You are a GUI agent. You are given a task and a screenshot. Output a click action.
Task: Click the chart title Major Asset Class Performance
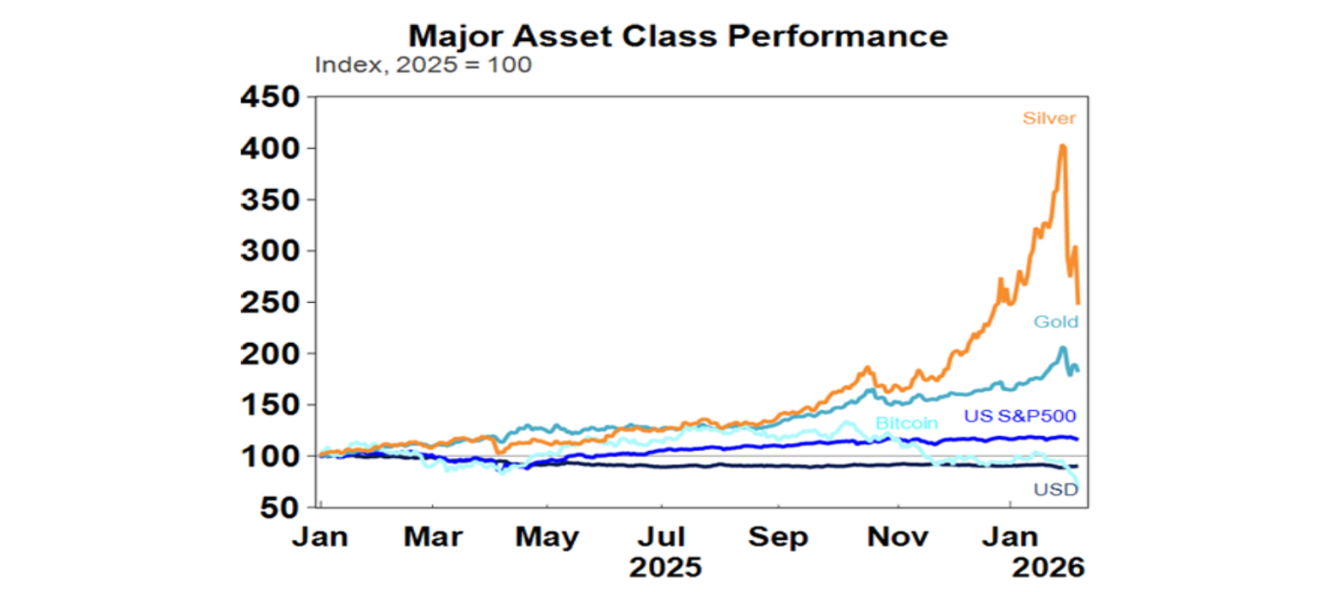coord(678,36)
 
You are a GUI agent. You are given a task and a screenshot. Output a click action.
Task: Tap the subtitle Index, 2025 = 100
coord(422,65)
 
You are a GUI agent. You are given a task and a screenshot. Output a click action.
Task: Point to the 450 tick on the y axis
coord(269,98)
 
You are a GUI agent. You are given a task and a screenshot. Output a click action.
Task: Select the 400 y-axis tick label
coord(269,149)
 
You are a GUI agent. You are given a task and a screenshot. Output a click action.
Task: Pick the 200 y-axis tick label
coord(269,353)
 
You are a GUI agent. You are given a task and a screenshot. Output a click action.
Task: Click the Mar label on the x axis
coord(432,537)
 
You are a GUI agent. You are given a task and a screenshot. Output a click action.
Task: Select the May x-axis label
coord(547,537)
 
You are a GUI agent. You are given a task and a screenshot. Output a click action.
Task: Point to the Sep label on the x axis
coord(778,537)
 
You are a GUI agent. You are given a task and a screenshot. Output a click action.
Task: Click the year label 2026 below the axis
coord(1048,568)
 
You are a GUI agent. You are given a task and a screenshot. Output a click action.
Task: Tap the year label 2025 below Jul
coord(666,568)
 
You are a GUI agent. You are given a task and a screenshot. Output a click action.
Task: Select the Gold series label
coord(1056,322)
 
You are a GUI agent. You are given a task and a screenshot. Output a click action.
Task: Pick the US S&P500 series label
coord(1021,417)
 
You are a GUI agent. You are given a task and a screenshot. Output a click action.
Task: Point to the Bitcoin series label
coord(906,424)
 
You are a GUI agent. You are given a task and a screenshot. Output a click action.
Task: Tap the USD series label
coord(1056,490)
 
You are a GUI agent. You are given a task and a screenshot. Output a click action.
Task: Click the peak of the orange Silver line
coord(1063,146)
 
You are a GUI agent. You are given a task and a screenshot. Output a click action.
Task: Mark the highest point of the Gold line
coord(1063,348)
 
